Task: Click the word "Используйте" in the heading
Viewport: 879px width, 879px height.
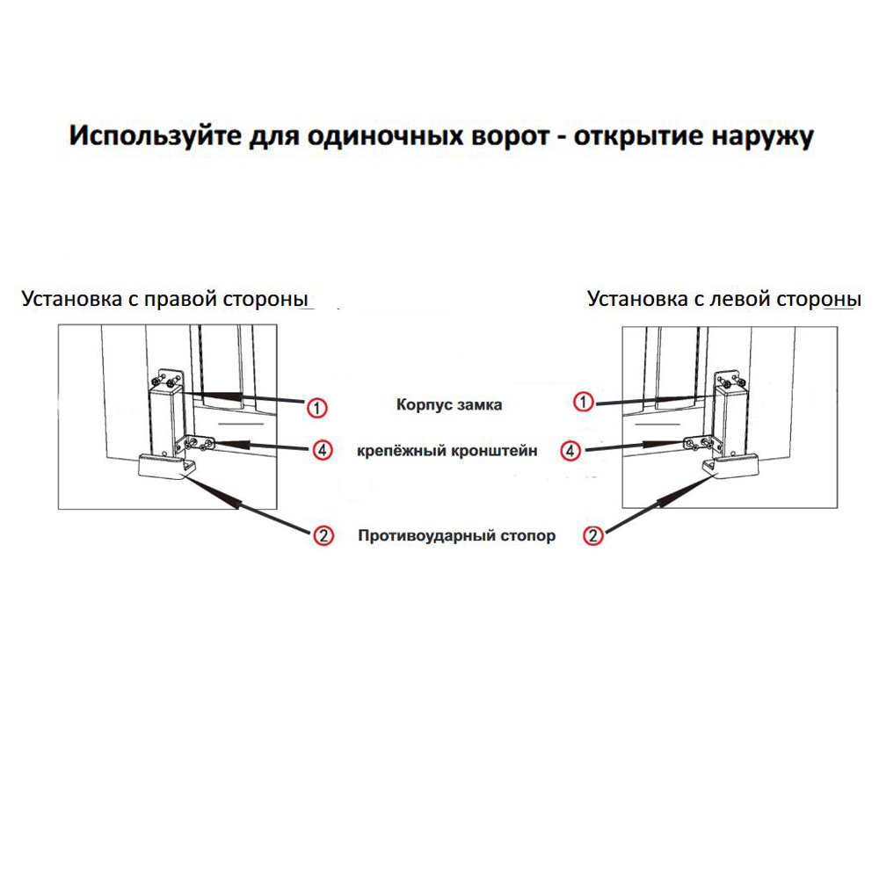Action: [156, 136]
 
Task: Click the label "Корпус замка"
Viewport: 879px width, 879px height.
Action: [449, 404]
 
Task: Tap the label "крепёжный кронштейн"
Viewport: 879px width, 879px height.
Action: [447, 451]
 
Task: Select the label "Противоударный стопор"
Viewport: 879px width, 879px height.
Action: [456, 535]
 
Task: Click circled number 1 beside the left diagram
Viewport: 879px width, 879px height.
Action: [316, 408]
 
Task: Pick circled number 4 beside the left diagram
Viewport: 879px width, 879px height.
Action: [323, 450]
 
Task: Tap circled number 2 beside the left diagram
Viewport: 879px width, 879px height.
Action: [323, 535]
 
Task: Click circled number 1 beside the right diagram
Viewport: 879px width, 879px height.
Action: [584, 402]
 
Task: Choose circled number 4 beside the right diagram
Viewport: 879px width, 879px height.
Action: [570, 451]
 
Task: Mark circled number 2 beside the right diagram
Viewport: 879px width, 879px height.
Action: [593, 535]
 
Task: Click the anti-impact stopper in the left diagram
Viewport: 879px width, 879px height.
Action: [166, 467]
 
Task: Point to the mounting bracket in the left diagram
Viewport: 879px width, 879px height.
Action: [196, 445]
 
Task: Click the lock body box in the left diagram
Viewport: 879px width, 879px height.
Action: [166, 420]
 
